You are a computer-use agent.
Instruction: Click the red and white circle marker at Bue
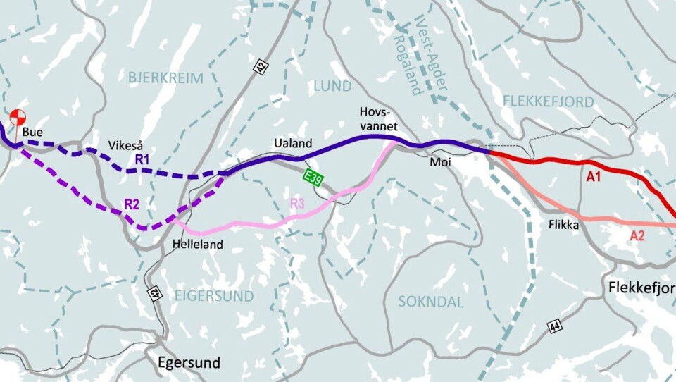[18, 116]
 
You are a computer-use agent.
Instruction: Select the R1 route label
[143, 160]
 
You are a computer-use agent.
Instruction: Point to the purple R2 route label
[132, 204]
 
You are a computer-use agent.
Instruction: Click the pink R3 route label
[298, 204]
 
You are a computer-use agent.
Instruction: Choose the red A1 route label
[594, 178]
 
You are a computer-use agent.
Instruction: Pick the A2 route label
[637, 236]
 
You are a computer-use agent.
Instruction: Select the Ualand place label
[292, 144]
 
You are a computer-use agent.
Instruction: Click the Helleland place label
[197, 245]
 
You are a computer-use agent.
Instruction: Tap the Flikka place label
[563, 226]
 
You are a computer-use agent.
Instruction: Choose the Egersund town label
[188, 364]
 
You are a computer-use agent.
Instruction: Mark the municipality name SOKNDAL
[431, 302]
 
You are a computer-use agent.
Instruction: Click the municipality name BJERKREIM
[165, 78]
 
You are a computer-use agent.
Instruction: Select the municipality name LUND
[332, 86]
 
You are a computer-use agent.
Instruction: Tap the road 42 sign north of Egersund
[154, 292]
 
